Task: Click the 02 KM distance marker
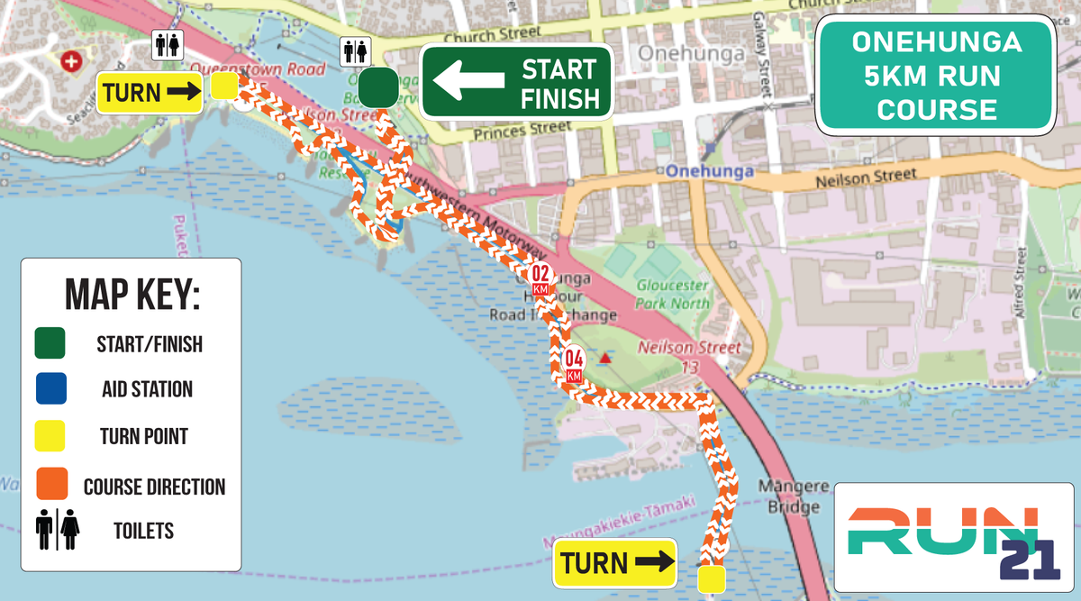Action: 541,277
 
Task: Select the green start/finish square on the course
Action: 378,88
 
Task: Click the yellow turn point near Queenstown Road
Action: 224,87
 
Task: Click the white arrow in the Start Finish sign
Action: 468,81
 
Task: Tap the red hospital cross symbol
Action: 71,62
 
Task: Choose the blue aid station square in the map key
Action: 50,389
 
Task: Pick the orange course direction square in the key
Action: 50,486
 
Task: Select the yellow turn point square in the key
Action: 50,437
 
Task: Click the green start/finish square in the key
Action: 50,343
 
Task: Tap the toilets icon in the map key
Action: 58,529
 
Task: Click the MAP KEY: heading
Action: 132,295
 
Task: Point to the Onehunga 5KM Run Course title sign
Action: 936,77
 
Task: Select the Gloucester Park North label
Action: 673,294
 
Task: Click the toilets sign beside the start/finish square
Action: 354,51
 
